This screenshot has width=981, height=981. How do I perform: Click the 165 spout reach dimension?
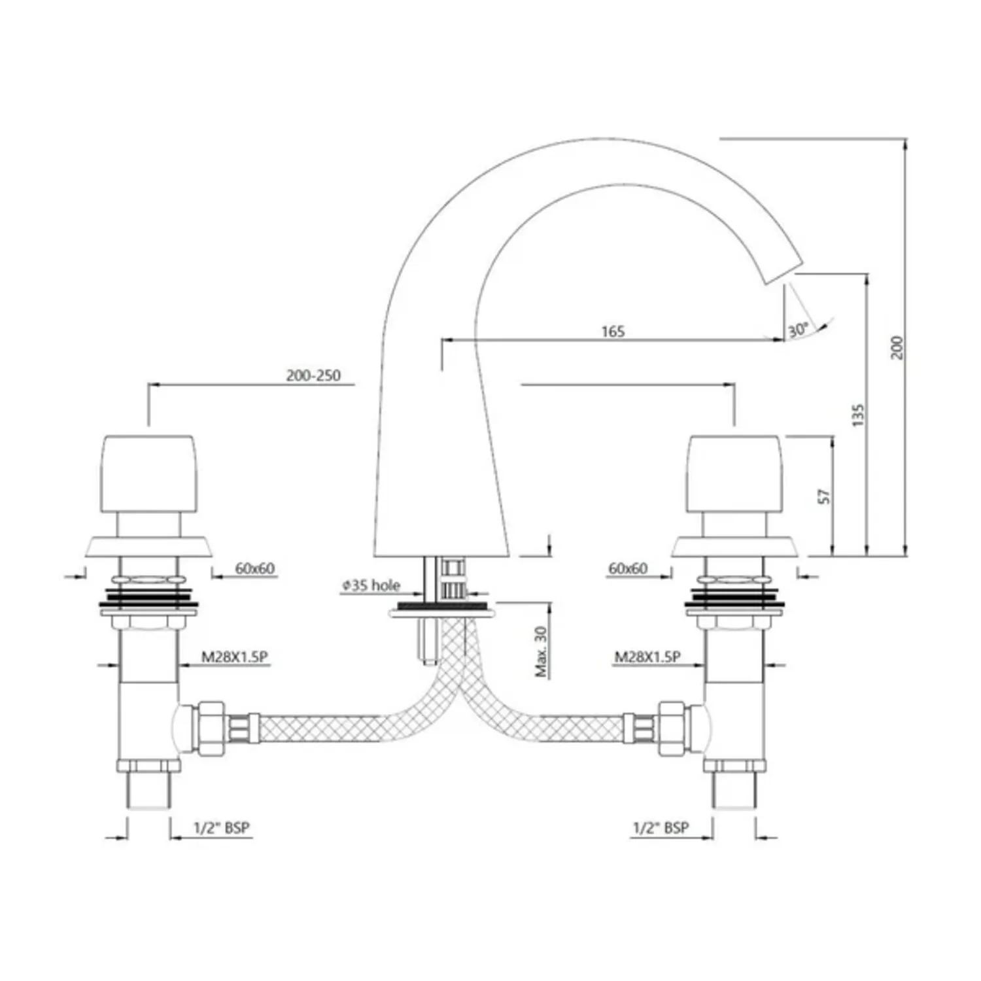613,332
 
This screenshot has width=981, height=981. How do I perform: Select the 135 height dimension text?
858,415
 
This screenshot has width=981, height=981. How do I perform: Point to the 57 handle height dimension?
825,496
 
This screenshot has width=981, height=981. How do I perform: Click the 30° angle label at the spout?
798,330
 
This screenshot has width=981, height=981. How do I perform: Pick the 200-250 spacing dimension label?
313,375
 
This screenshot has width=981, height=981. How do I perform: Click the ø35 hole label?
371,585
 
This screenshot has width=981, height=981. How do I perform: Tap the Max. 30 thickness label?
541,651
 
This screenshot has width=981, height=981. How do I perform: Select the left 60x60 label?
255,568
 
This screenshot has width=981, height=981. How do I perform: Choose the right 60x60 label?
628,568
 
